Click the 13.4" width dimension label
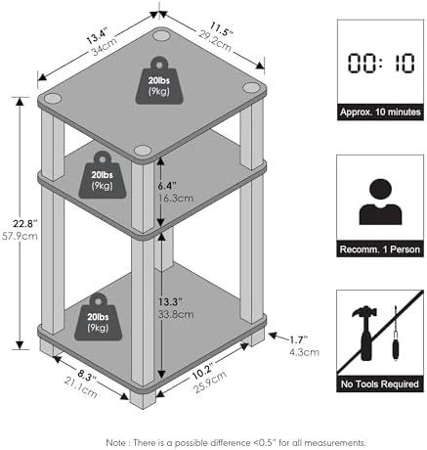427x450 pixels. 97,36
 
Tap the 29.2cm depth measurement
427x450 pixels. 215,41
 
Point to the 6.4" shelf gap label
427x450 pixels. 167,186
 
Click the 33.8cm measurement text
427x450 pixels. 176,315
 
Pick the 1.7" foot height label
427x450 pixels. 299,340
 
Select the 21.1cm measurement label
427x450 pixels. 81,388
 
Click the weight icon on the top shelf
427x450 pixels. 159,81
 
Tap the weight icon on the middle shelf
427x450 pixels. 103,175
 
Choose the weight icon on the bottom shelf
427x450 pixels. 98,317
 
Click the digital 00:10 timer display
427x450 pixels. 381,63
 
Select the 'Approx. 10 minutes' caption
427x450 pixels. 380,112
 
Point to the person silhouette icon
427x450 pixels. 380,202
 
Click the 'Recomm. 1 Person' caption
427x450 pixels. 380,249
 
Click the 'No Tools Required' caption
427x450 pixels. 380,384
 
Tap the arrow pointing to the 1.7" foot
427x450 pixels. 278,337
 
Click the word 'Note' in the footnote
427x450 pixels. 115,443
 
